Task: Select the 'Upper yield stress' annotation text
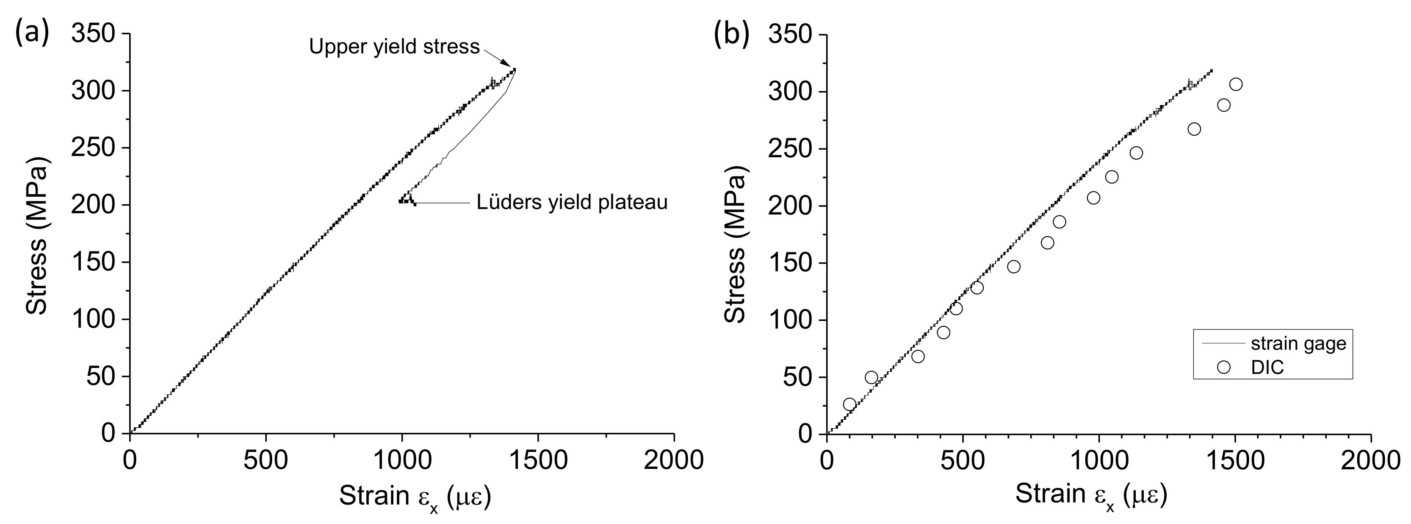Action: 394,47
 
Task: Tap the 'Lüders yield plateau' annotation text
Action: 572,203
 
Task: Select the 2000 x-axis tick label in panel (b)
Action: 1370,460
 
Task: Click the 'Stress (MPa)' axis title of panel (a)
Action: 37,234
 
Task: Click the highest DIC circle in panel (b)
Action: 1236,84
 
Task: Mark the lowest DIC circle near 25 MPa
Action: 849,404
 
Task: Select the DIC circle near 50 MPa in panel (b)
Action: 871,378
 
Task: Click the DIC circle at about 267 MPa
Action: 1194,129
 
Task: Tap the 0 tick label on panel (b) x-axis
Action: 826,460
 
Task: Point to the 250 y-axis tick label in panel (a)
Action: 93,148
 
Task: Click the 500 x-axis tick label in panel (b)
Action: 962,460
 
